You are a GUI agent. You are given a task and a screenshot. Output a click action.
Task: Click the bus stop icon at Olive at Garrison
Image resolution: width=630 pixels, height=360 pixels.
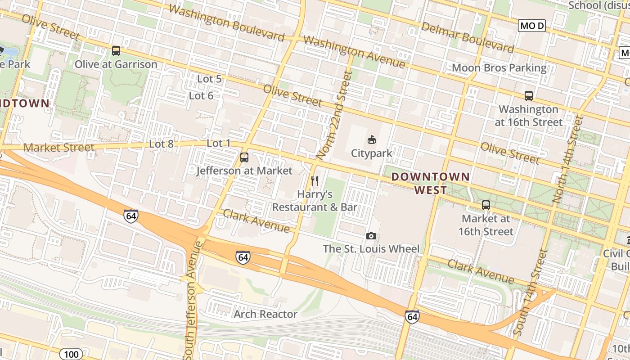click(x=116, y=51)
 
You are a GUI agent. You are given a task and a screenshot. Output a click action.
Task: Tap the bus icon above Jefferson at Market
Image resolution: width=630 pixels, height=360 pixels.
click(x=244, y=157)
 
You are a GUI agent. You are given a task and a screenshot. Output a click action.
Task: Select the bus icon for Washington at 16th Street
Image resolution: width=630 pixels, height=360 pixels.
click(x=529, y=96)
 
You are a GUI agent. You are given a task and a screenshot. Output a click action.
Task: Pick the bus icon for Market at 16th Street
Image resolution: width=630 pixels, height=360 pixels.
click(x=486, y=205)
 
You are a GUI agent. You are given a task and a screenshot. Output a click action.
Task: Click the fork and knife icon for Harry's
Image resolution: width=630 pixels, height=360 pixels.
click(x=315, y=181)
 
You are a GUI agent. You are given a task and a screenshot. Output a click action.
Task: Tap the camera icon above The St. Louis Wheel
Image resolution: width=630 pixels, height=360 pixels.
click(x=371, y=236)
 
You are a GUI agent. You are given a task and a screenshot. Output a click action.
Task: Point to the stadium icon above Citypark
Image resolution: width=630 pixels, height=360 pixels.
click(x=372, y=139)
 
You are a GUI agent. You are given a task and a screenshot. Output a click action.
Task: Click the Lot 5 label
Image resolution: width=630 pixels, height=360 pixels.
click(x=209, y=79)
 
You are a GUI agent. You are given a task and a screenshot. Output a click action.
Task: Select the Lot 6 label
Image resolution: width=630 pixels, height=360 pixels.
click(x=201, y=95)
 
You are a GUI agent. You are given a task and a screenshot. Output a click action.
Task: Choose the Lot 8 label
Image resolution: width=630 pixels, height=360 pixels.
click(x=161, y=144)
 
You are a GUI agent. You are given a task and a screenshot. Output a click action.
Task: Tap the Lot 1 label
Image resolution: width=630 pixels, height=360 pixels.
click(x=218, y=144)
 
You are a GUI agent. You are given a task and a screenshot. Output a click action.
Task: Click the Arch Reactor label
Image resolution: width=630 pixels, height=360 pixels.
click(x=265, y=314)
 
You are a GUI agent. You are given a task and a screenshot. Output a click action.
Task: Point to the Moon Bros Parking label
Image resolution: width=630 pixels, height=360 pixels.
click(x=499, y=68)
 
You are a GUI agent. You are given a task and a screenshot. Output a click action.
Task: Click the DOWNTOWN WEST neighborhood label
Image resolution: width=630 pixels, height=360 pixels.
click(x=431, y=183)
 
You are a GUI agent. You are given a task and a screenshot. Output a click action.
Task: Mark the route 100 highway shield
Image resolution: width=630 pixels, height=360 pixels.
click(x=71, y=354)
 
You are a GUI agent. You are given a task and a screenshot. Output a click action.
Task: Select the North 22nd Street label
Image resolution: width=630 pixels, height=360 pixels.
click(x=333, y=115)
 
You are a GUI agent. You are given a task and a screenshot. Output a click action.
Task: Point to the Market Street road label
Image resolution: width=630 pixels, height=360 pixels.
click(x=59, y=147)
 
